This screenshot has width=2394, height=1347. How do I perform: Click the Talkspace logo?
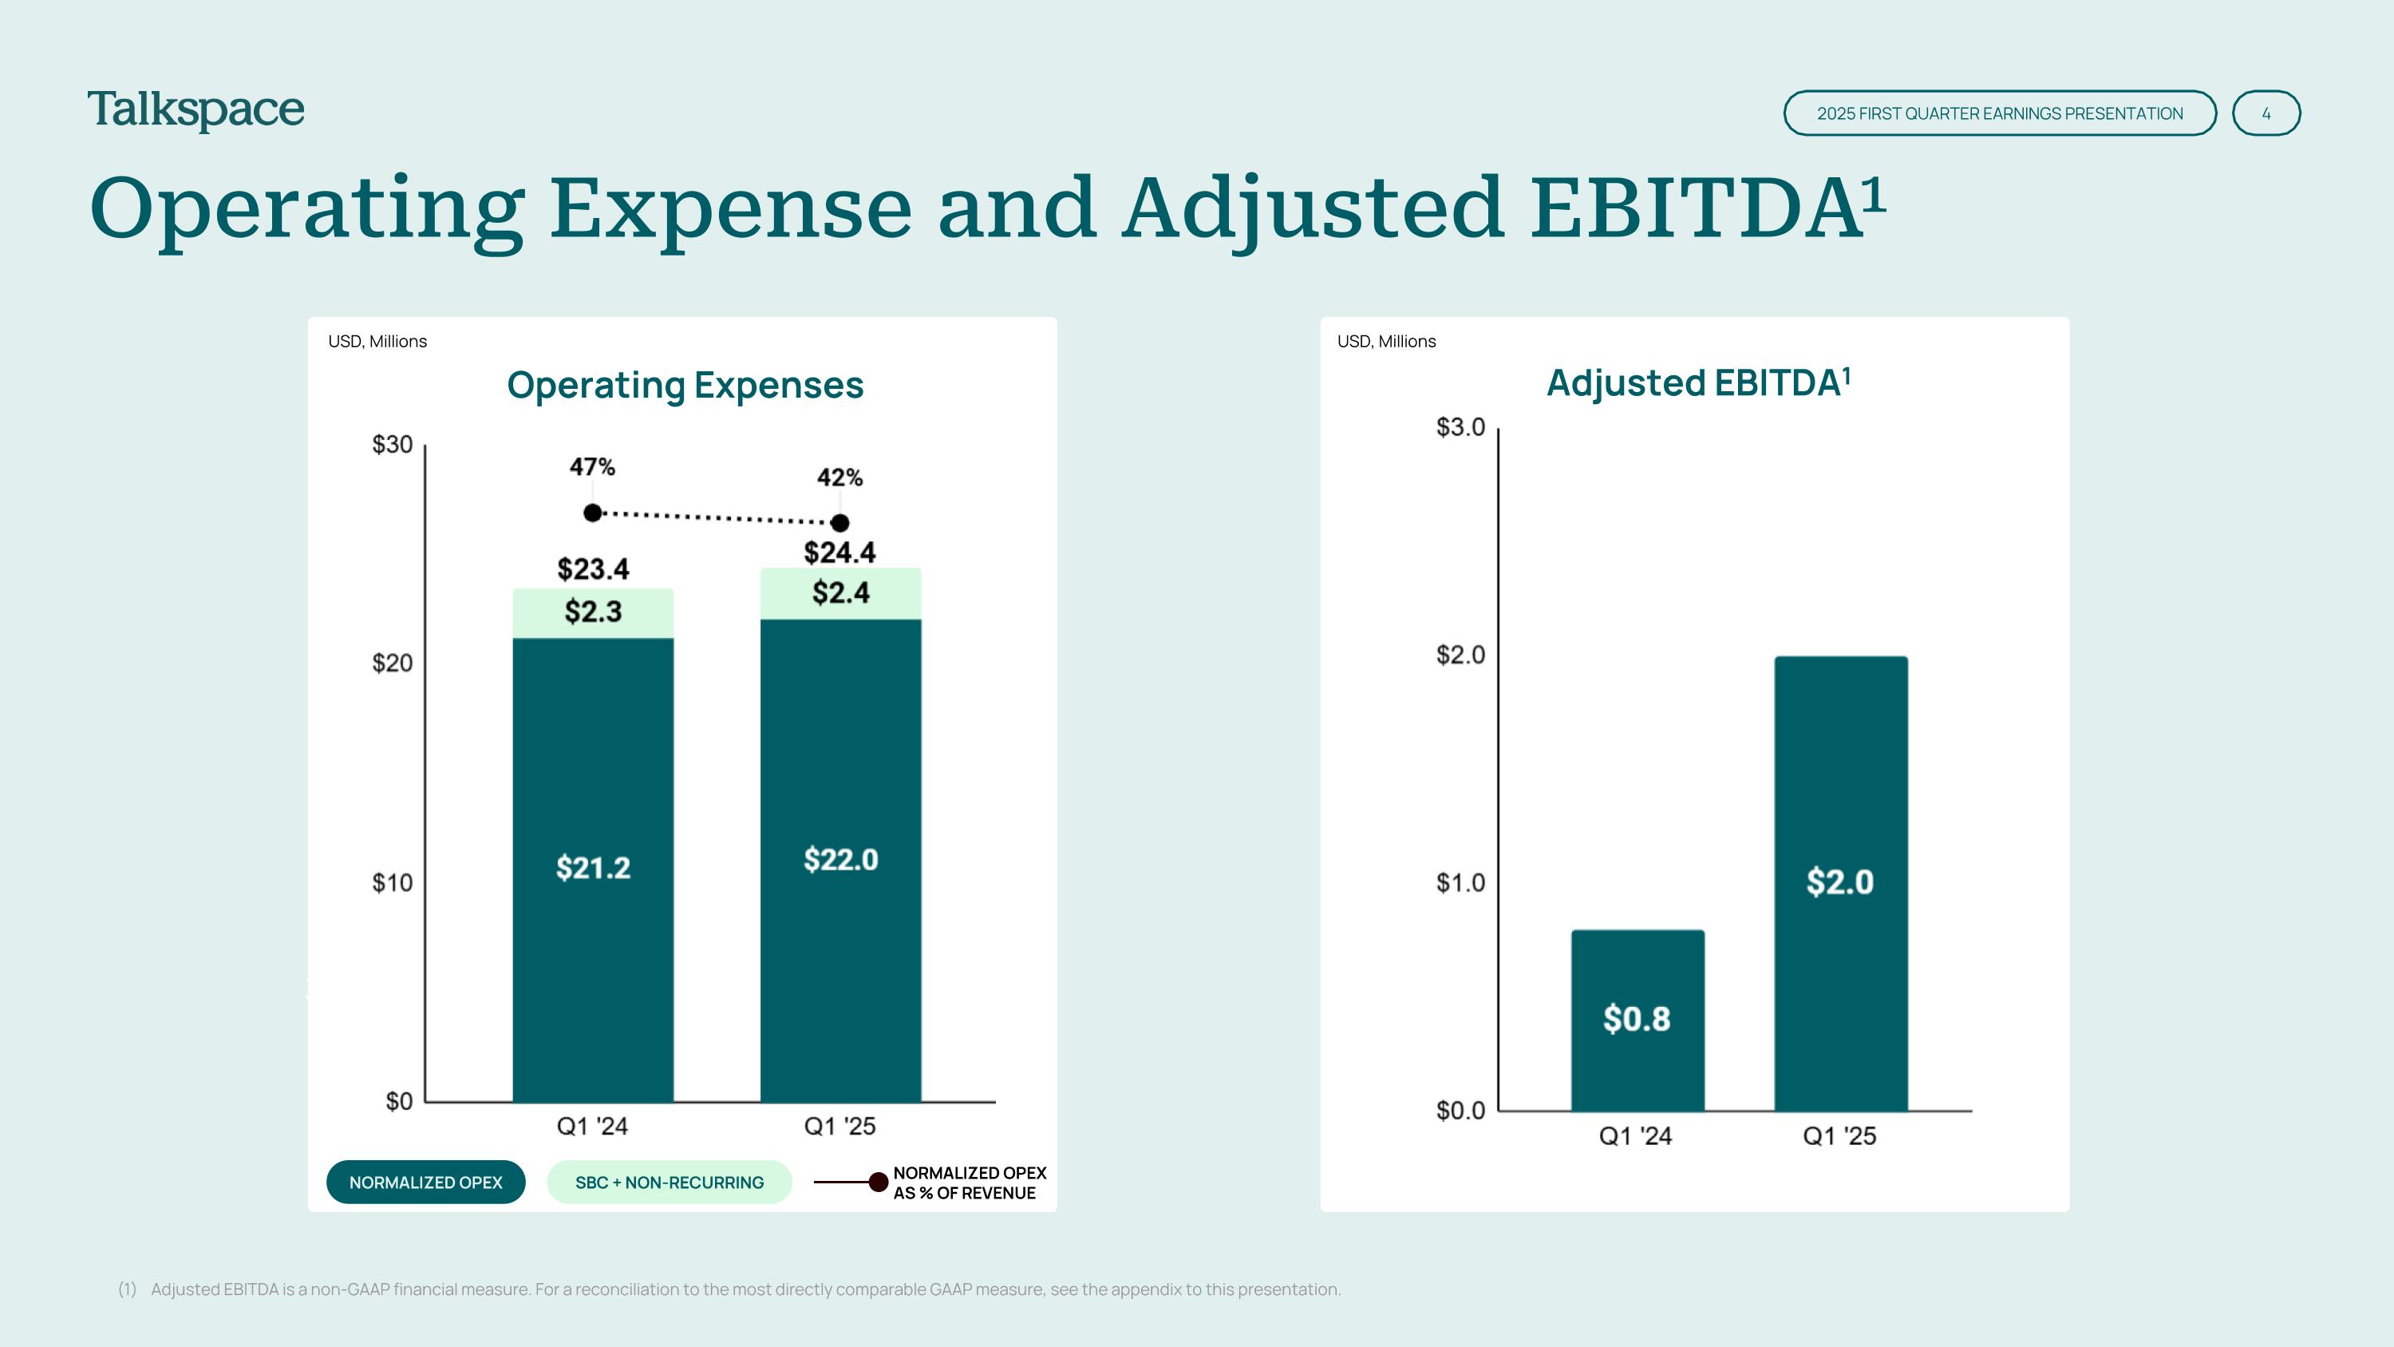196,111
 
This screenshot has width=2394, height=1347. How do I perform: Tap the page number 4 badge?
2266,113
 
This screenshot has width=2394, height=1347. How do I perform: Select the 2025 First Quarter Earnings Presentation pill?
1999,113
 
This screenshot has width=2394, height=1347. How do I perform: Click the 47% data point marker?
593,513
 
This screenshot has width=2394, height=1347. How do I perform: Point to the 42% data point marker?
840,522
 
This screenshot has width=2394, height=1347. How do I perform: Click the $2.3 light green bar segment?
593,612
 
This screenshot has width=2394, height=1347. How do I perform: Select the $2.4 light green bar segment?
840,593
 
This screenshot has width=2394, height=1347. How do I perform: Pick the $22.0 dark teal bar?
840,860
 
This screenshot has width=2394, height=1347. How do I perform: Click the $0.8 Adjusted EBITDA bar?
1637,1019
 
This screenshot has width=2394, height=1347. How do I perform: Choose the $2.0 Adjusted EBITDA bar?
1840,881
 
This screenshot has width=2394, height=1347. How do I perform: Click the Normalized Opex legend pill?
425,1183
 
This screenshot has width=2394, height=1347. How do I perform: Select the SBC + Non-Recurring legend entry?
670,1183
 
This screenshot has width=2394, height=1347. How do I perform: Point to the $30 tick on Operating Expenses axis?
392,445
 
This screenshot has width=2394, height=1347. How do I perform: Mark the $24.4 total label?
840,553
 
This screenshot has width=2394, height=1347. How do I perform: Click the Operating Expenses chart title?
685,385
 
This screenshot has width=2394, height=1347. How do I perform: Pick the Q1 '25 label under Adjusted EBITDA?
1839,1136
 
